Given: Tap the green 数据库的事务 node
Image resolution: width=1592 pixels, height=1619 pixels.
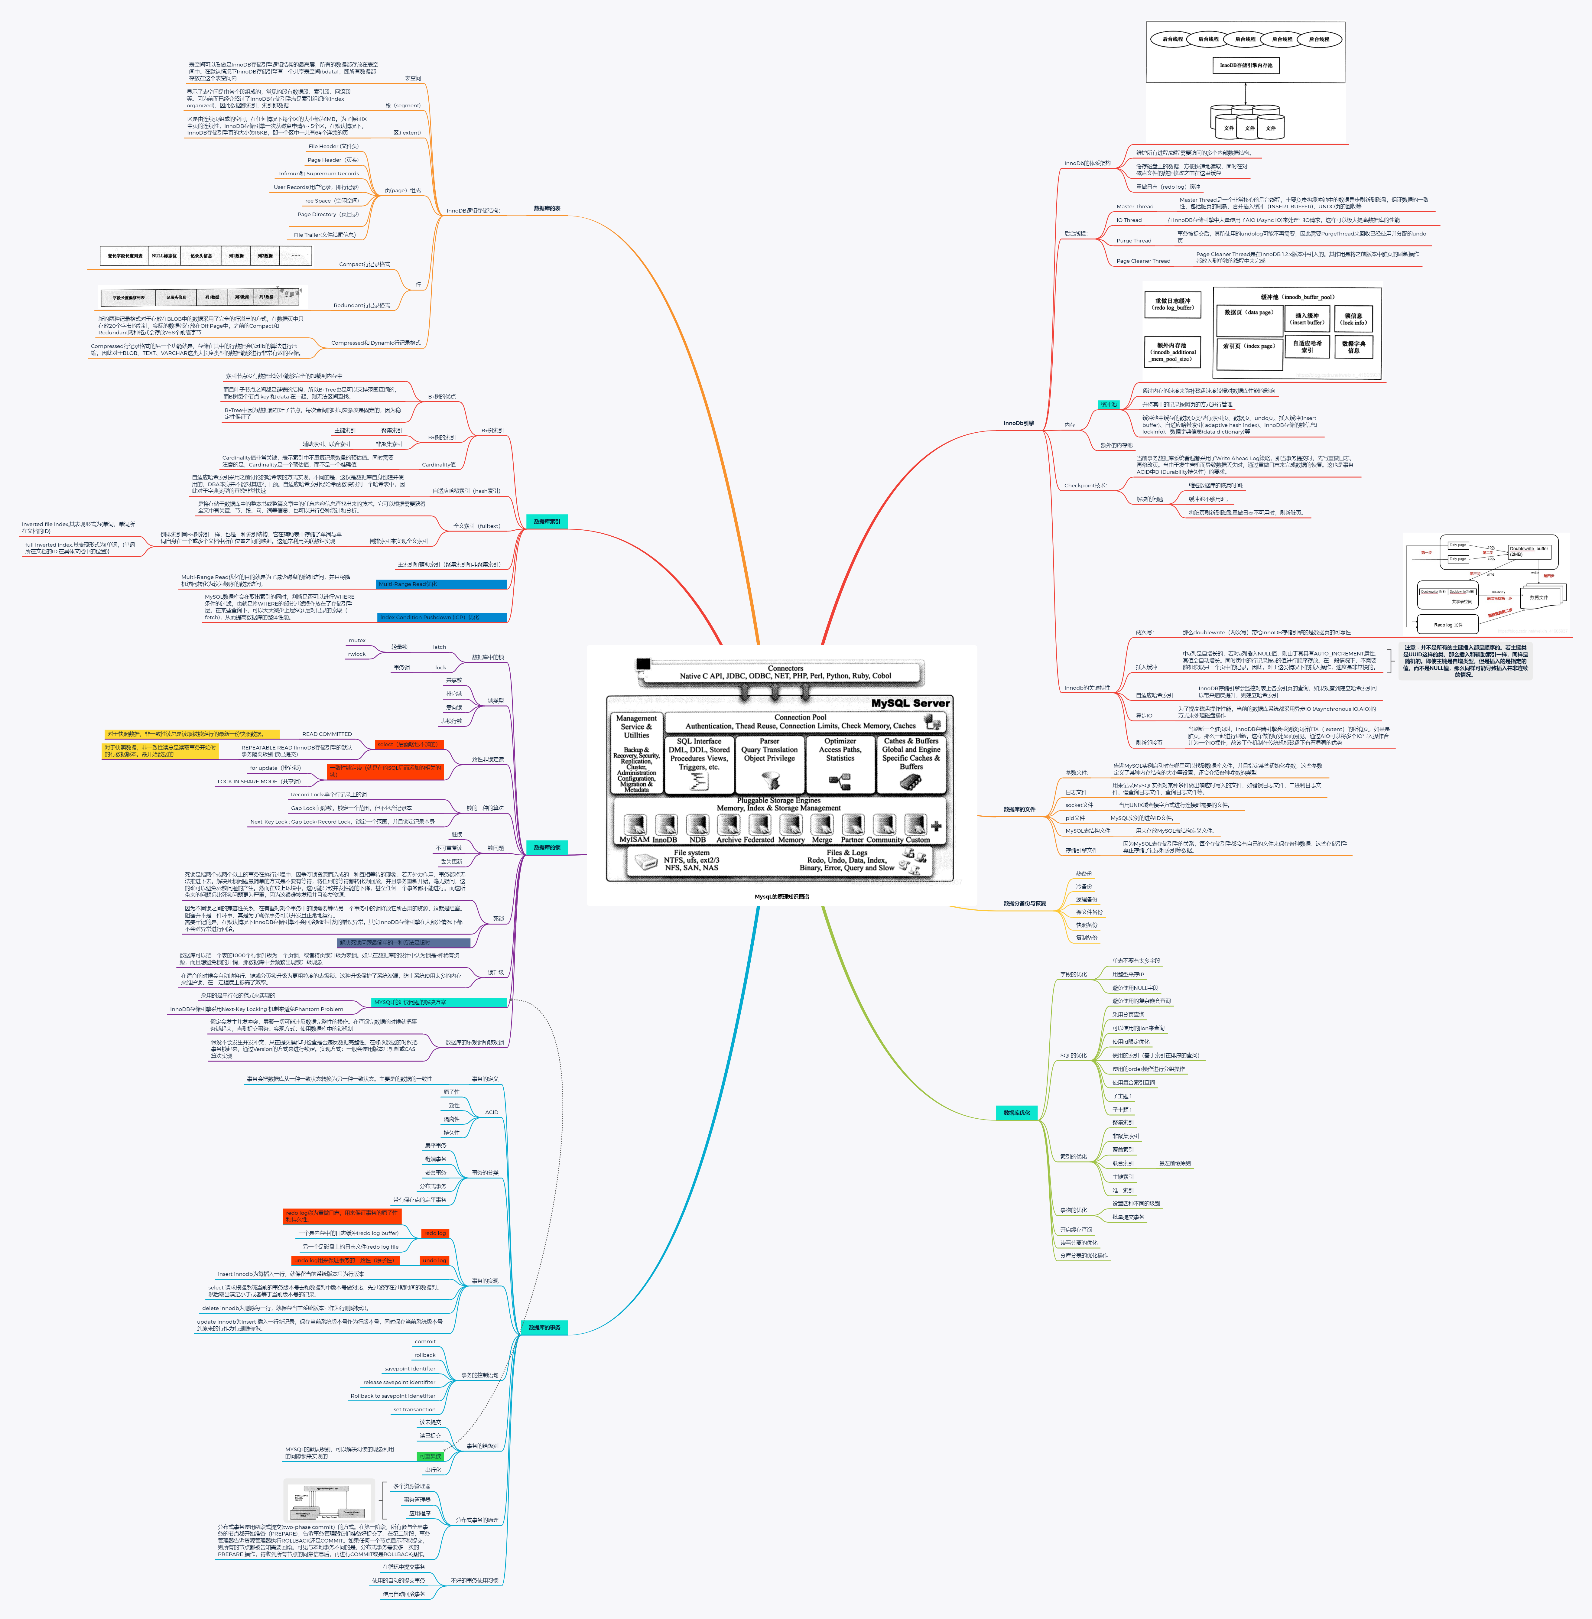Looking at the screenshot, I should coord(544,1327).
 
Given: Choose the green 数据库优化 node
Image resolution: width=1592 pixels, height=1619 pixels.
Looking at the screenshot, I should coord(1016,1112).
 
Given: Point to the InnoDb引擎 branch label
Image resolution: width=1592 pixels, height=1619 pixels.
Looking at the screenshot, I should coord(1019,423).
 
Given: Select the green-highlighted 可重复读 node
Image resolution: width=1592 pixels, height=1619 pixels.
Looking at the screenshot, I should coord(430,1456).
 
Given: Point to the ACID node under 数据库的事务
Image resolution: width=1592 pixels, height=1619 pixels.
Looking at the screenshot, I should coord(492,1112).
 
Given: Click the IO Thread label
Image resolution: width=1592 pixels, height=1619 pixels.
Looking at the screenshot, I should coord(1129,220).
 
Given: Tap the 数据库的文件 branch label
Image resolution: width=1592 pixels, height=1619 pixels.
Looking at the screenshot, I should coord(1019,810).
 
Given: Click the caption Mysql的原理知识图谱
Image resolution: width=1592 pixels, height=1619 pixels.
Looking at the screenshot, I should coord(782,896).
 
